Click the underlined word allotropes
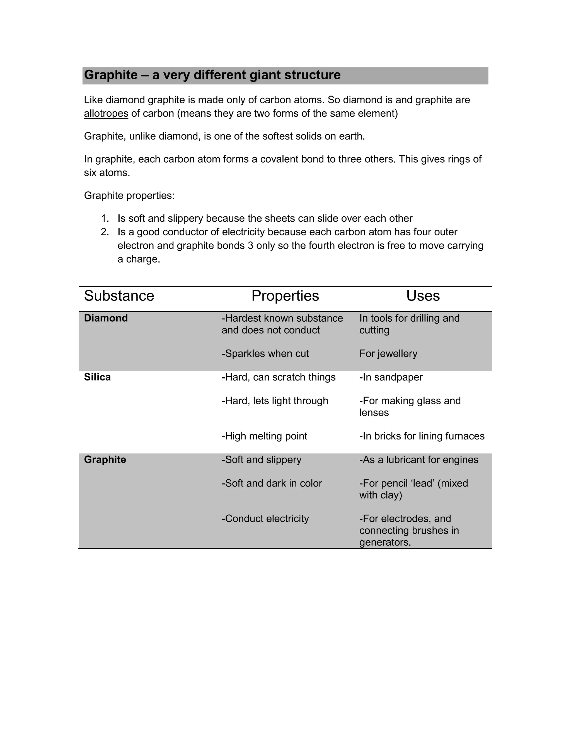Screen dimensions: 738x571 click(x=106, y=114)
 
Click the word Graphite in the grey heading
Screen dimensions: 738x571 click(x=111, y=75)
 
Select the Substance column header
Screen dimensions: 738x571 click(x=119, y=296)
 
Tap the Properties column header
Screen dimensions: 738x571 click(x=285, y=296)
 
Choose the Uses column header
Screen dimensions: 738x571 click(x=423, y=296)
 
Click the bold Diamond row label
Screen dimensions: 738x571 click(x=106, y=318)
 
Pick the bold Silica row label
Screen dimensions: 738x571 click(x=97, y=377)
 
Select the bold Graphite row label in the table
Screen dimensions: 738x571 click(x=105, y=460)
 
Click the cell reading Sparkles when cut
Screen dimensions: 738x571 click(x=265, y=354)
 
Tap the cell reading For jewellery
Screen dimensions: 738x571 click(x=388, y=354)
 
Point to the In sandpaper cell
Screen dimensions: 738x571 click(x=391, y=377)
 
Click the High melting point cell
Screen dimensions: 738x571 click(x=264, y=436)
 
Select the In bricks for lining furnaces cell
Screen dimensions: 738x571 click(x=422, y=436)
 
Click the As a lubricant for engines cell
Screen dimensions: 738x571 click(x=419, y=460)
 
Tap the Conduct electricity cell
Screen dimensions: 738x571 click(x=265, y=519)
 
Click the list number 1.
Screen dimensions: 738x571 click(x=105, y=219)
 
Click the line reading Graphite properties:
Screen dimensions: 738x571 click(x=129, y=196)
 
